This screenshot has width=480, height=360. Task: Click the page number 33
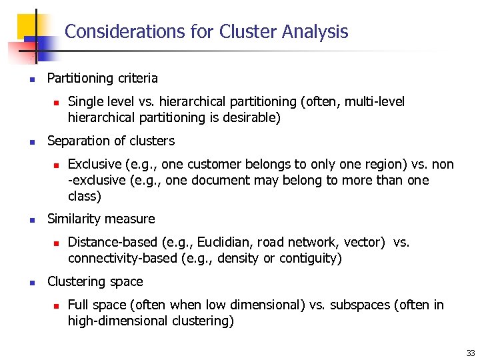point(470,353)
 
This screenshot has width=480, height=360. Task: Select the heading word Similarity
point(75,219)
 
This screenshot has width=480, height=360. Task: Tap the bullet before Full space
point(57,305)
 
